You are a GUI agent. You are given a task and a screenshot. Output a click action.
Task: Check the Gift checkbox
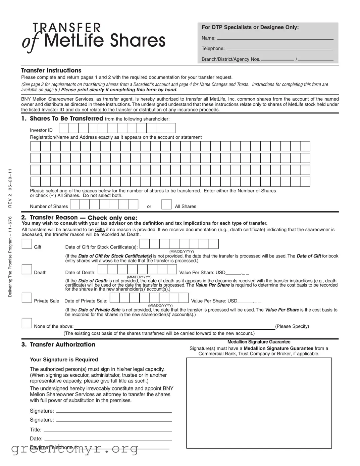pos(27,244)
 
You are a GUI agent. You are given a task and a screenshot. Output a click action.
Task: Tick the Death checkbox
pos(27,269)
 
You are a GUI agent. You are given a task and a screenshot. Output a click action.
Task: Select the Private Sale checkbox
pos(27,298)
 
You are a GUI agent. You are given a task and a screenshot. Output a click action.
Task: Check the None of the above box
pos(27,323)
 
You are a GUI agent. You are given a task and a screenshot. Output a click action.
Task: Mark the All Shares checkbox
pos(166,204)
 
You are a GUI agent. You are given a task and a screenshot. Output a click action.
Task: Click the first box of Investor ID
pos(64,128)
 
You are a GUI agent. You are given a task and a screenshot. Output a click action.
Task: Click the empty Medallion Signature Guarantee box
pos(259,403)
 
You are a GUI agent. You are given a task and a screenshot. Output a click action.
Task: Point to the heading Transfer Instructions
pos(51,71)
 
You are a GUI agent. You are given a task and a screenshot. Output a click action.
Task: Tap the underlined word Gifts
pos(100,230)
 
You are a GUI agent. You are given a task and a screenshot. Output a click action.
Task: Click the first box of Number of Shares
pos(75,204)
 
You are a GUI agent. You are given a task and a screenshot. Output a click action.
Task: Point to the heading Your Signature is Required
pos(64,360)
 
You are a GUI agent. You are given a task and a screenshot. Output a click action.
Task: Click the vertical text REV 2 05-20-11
pos(10,188)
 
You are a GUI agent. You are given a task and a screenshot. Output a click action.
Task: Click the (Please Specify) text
pos(292,326)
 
